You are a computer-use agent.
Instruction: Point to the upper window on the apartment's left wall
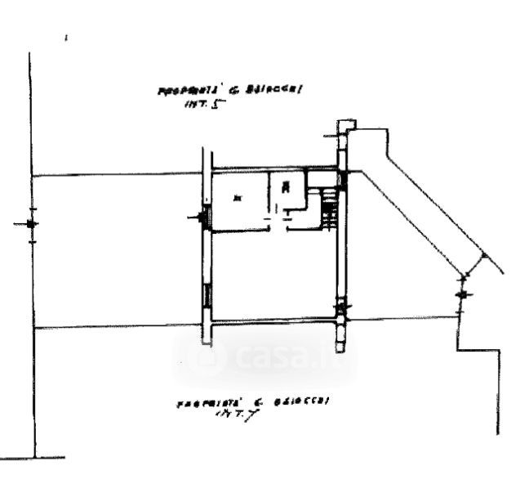(207, 217)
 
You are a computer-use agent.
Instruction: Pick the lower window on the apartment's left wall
(207, 294)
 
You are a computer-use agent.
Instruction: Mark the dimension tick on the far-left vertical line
(31, 223)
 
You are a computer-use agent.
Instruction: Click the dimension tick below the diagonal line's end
(463, 294)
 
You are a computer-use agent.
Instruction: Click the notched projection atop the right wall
(346, 128)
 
